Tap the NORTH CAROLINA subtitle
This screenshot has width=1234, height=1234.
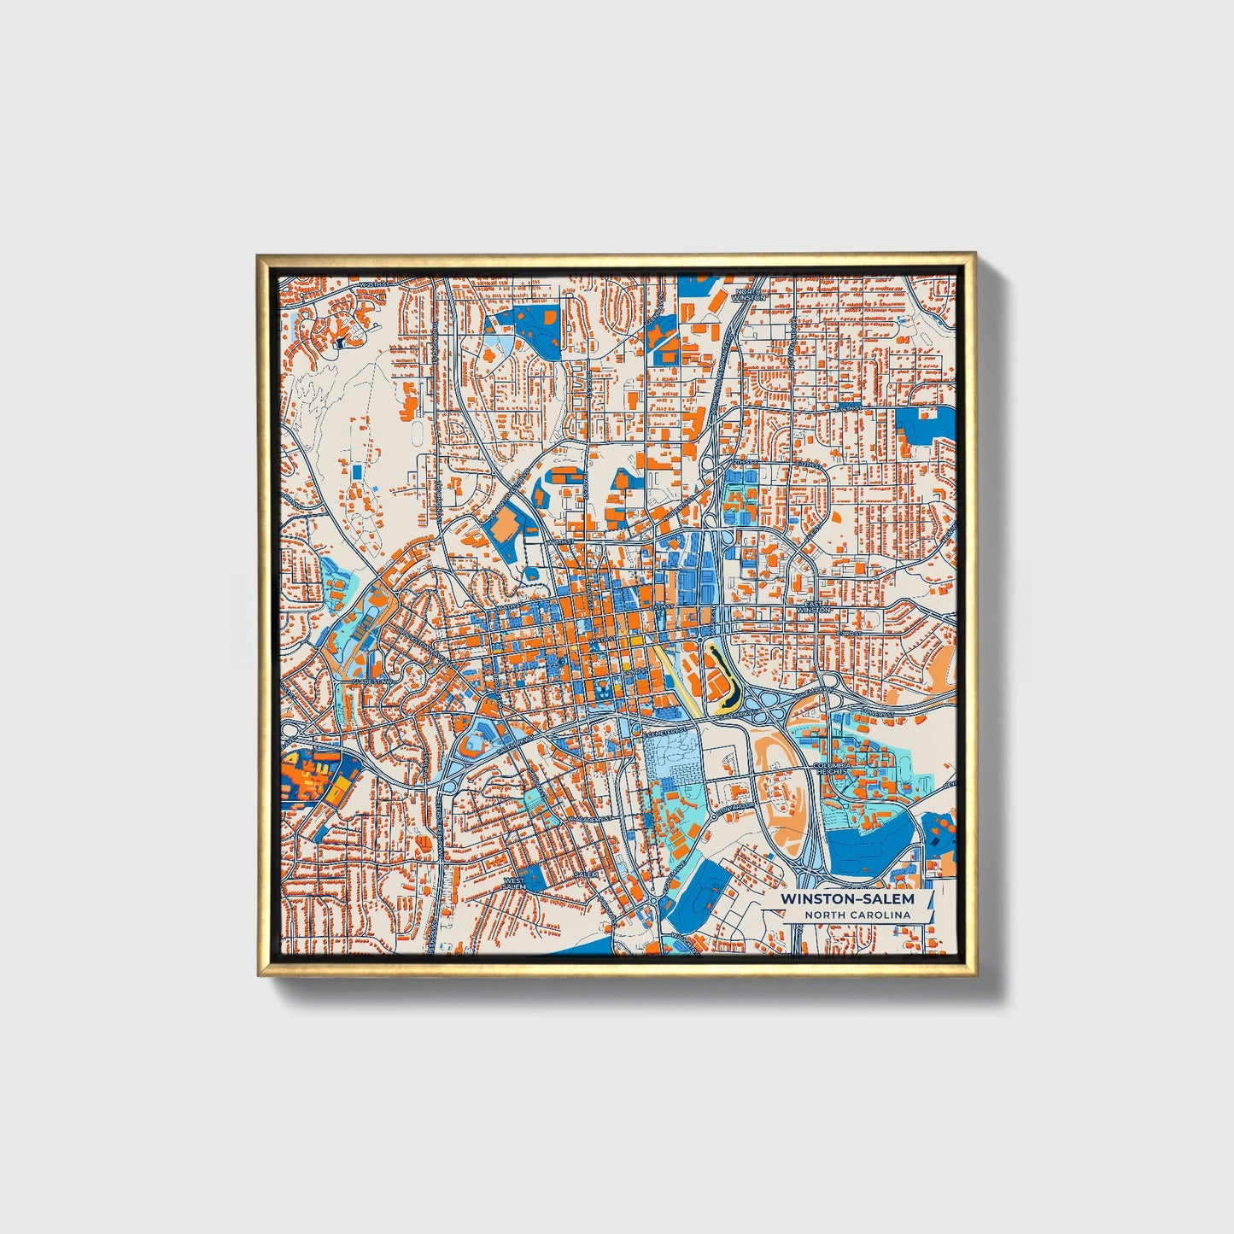point(857,915)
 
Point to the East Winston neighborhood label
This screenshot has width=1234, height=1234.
point(813,607)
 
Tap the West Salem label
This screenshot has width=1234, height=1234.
point(515,883)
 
